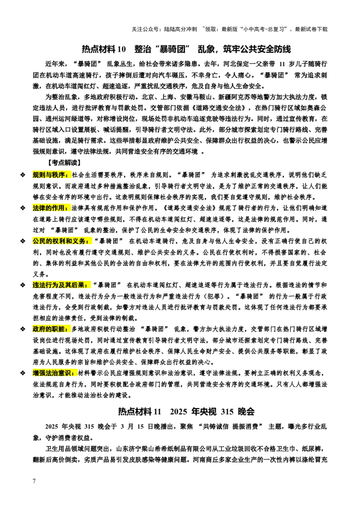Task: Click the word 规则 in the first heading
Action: pos(39,175)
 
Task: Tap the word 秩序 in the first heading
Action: pos(58,175)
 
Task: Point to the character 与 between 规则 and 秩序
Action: pos(49,175)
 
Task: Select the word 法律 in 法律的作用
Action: pos(39,208)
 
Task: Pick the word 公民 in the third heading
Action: pos(39,241)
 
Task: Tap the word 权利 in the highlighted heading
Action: pos(58,241)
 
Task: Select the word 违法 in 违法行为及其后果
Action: pos(39,285)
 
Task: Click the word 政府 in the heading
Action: pos(39,329)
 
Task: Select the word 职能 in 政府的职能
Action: pos(58,329)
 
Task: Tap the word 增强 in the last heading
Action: pos(39,373)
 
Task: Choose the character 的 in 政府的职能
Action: pos(49,329)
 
